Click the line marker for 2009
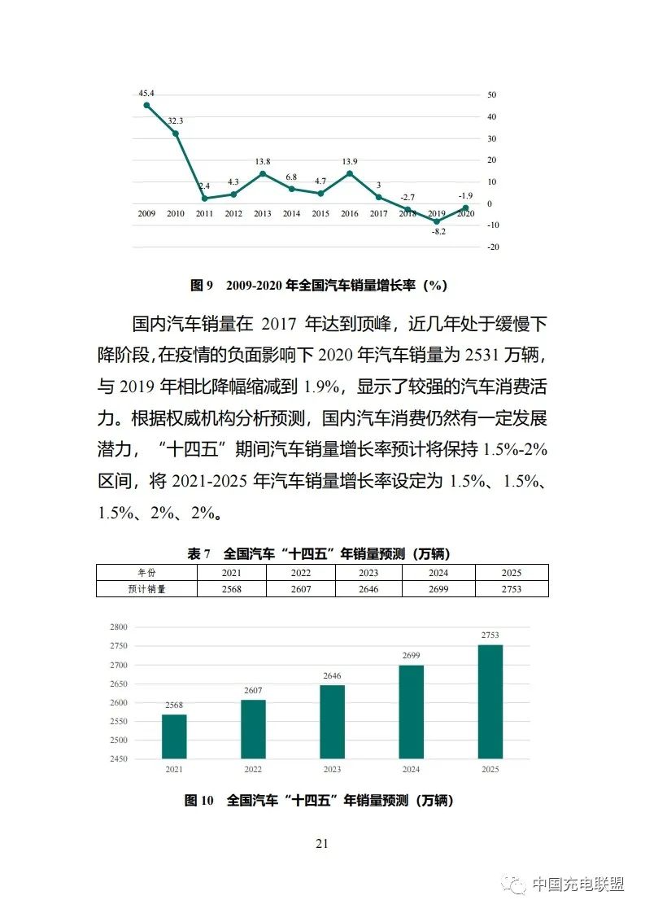coord(146,105)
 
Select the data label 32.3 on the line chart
coord(176,121)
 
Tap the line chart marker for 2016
coord(350,173)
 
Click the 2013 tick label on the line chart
coord(263,214)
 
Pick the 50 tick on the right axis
coord(491,95)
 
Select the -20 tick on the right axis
coord(492,247)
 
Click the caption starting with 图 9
coord(319,285)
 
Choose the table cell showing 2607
coord(301,588)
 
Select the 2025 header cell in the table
coord(511,573)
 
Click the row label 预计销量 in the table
coord(147,588)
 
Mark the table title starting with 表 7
coord(319,554)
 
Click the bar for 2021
coord(174,736)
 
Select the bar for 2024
coord(411,712)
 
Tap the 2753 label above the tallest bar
coord(490,636)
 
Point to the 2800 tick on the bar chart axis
coord(119,627)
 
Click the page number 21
coord(321,844)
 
